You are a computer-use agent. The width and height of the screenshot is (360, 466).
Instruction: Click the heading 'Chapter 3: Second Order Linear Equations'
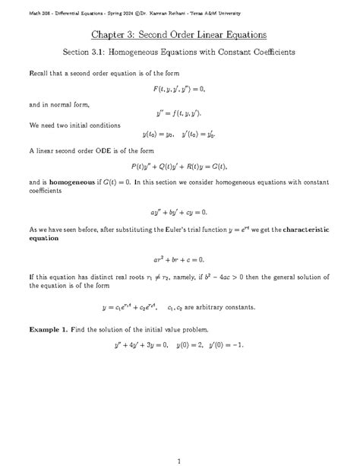click(179, 36)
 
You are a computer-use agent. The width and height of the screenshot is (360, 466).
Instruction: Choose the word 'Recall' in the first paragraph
click(39, 72)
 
